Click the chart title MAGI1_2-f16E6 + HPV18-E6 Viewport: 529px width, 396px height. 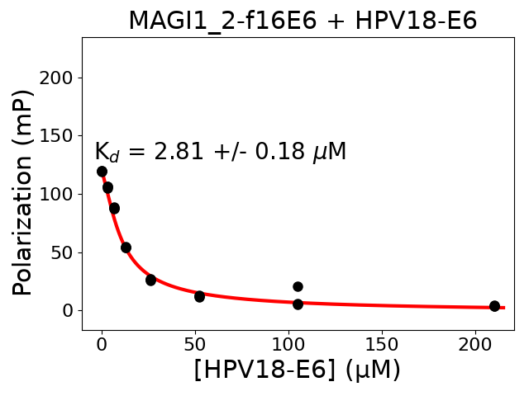[303, 21]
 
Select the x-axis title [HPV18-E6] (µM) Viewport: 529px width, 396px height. [298, 370]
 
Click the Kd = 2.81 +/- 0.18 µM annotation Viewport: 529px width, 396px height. [220, 152]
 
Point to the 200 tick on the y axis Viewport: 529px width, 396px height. [60, 78]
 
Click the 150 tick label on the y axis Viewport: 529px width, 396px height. [60, 135]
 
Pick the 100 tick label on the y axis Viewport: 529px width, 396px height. [60, 194]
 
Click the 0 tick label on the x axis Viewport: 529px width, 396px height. [102, 342]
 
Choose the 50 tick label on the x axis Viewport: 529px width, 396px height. [195, 342]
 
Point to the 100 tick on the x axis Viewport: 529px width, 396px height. [288, 342]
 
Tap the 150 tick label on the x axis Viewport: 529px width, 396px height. [382, 342]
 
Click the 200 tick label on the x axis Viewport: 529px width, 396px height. [475, 342]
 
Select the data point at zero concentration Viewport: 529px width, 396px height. [102, 172]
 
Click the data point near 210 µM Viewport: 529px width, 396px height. [494, 306]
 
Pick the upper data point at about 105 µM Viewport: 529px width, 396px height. [298, 286]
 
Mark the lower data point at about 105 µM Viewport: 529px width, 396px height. [298, 304]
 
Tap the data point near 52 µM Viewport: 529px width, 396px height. [199, 296]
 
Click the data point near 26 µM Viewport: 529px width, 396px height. [150, 280]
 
